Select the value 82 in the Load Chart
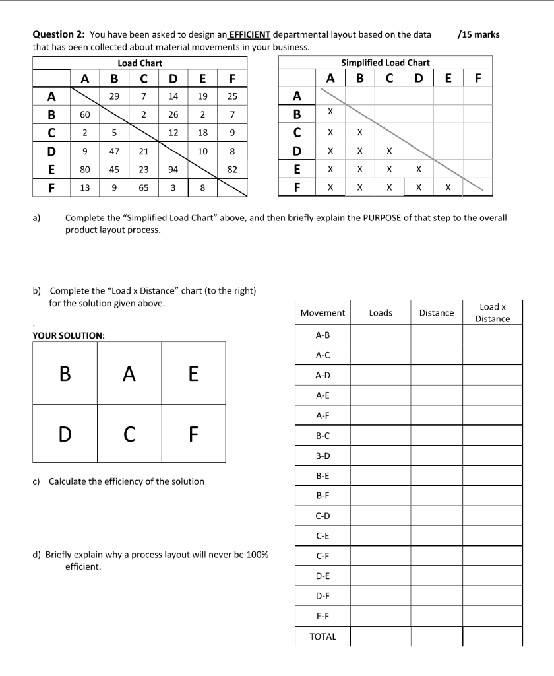click(232, 169)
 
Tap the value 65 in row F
click(143, 187)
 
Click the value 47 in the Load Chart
click(114, 151)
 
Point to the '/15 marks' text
click(478, 35)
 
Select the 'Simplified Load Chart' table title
click(385, 63)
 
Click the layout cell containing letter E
click(193, 374)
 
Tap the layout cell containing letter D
click(65, 434)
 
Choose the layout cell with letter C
click(129, 434)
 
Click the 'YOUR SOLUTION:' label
click(69, 335)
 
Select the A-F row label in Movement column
click(323, 415)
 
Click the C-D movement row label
click(323, 515)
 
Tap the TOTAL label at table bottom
click(323, 636)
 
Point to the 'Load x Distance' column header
click(493, 313)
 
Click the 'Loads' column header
click(381, 313)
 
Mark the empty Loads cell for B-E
click(381, 475)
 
